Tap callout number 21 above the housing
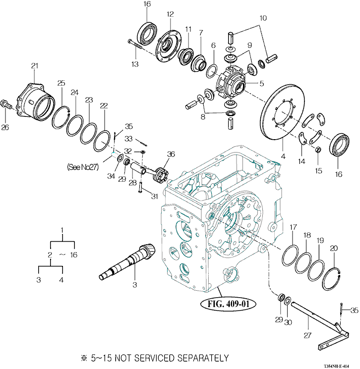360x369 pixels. pyautogui.click(x=35, y=66)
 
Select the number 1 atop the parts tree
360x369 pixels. pyautogui.click(x=62, y=230)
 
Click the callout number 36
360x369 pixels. pyautogui.click(x=171, y=155)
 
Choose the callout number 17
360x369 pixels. pyautogui.click(x=293, y=227)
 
